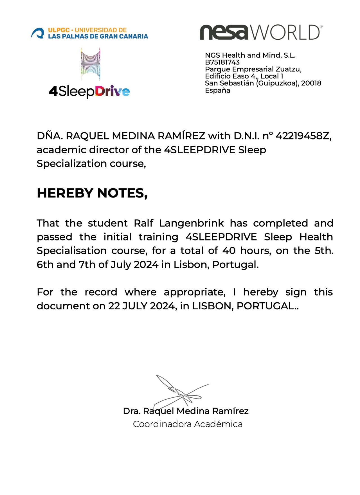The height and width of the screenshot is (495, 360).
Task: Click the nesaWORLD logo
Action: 261,32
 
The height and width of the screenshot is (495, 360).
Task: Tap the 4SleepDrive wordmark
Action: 89,91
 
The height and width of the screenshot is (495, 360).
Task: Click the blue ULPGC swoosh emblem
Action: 38,33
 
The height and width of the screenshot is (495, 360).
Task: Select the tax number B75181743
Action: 222,62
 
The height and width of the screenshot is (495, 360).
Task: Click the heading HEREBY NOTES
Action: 92,193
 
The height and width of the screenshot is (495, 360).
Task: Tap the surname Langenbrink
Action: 192,223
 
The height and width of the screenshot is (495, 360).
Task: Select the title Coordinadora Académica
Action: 188,424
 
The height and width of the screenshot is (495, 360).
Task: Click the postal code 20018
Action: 311,83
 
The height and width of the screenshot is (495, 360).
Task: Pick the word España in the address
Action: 218,90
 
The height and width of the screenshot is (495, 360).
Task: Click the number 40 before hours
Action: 229,251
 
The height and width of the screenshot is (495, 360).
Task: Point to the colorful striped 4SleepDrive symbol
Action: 90,64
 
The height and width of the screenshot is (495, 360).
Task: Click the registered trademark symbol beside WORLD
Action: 321,26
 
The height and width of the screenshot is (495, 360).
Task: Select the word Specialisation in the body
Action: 71,251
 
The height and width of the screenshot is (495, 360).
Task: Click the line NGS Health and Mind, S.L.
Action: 250,55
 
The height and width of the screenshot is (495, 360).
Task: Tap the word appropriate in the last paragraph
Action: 195,292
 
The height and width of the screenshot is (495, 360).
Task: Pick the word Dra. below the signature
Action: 132,411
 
